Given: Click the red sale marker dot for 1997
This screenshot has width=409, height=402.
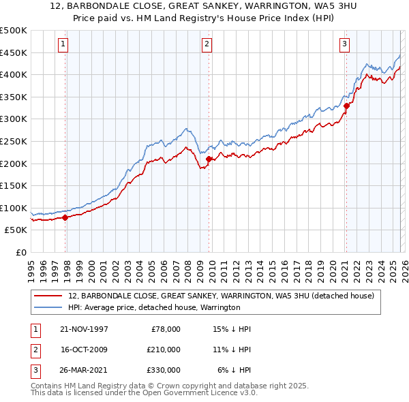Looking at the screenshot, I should (65, 217).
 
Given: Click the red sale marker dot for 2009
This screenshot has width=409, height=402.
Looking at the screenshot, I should (209, 159).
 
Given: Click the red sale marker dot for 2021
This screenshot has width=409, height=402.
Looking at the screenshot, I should (346, 106).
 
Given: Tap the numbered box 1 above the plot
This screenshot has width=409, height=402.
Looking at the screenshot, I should (63, 44).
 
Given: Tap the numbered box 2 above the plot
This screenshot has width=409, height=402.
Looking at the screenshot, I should (207, 44).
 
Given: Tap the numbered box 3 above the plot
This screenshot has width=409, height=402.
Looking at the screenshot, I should (344, 44).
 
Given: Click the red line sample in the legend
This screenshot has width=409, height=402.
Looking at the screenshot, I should (48, 296).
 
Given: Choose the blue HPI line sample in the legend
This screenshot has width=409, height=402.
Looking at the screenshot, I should (48, 308).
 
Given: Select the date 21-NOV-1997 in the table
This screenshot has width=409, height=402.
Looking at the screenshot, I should (85, 329).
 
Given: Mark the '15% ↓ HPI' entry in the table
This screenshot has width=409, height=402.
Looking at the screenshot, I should (232, 329).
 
